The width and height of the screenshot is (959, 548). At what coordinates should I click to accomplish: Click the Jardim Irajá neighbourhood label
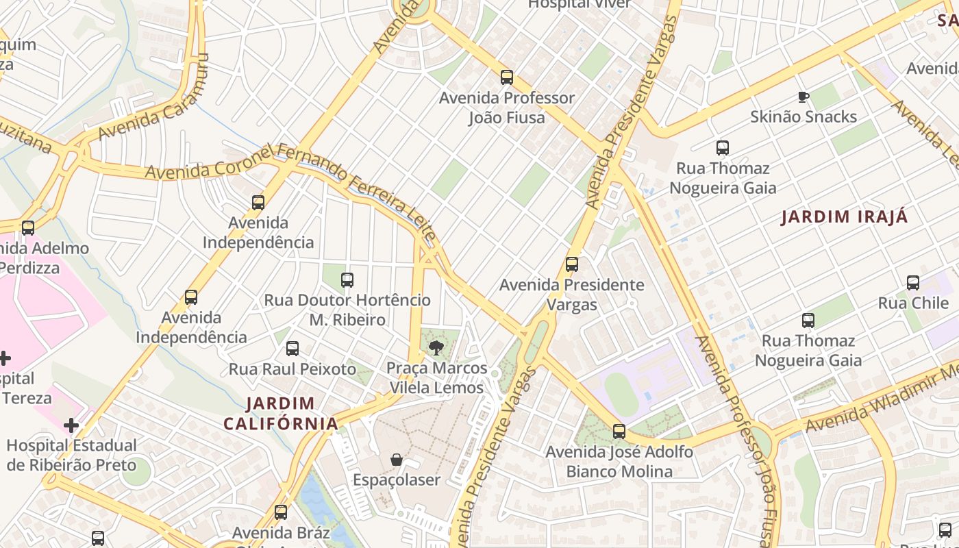tap(845, 217)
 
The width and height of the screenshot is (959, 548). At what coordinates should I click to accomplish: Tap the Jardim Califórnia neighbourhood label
tap(281, 413)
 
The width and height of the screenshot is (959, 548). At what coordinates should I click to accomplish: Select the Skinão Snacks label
tap(803, 116)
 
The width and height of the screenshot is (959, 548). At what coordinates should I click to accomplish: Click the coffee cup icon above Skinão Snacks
tap(804, 97)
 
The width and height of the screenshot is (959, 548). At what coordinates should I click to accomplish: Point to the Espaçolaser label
tap(396, 480)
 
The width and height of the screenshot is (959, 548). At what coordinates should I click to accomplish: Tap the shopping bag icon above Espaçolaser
tap(396, 460)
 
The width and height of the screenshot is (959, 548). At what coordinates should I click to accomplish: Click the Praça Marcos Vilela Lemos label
tap(436, 378)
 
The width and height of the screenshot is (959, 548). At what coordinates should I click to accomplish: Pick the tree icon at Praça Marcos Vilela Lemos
tap(436, 348)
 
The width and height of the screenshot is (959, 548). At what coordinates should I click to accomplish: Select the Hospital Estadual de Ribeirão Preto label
tap(71, 455)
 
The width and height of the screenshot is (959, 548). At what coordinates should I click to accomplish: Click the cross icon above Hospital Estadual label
tap(71, 426)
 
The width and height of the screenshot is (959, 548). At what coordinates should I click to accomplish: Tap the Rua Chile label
tap(913, 303)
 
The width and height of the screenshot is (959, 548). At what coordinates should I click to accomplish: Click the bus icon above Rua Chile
tap(913, 283)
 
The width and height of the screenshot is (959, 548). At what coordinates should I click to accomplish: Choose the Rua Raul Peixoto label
tap(292, 369)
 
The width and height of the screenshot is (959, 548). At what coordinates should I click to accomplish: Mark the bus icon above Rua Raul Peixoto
tap(292, 349)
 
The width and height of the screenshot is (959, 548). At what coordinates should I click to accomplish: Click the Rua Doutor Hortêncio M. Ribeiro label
tap(347, 310)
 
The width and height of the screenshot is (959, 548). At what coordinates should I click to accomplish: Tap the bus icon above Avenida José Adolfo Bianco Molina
tap(619, 432)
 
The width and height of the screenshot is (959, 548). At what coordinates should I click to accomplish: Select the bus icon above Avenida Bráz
tap(281, 512)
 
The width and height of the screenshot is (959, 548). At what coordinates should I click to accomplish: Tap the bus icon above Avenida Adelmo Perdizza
tap(28, 228)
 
